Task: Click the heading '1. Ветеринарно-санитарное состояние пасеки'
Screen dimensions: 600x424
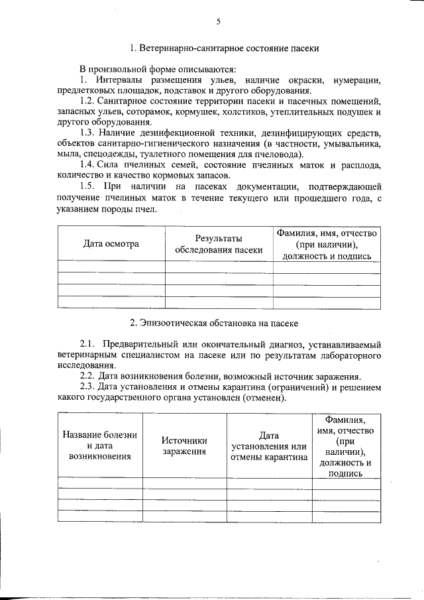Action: pos(225,48)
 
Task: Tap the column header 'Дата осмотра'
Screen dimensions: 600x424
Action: pos(111,243)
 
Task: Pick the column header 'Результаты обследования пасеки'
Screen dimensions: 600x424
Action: pos(219,243)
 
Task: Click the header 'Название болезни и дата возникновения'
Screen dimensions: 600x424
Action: pos(100,445)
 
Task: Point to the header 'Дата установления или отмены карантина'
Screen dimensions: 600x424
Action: pos(269,445)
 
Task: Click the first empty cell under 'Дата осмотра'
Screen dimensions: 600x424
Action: pos(111,267)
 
